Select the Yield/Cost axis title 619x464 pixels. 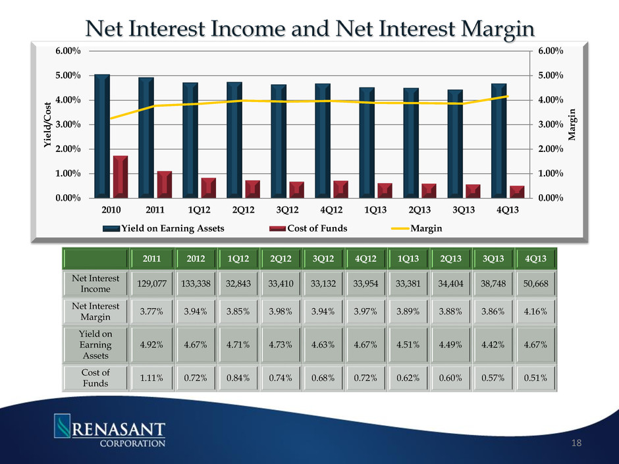(47, 124)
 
